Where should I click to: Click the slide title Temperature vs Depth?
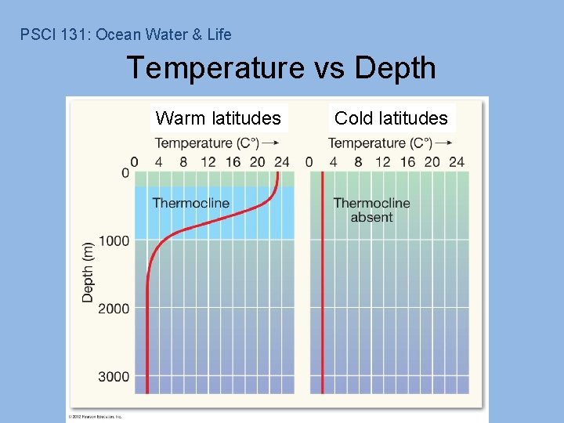pos(281,68)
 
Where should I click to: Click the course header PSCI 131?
pos(125,34)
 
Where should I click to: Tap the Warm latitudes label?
pos(219,118)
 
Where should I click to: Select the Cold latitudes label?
pos(391,118)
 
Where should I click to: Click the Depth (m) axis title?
pos(88,271)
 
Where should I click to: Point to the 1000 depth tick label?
pos(114,240)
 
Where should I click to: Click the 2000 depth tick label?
pos(114,309)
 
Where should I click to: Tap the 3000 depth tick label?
pos(114,377)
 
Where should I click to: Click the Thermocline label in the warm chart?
pos(191,203)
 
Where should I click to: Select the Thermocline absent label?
pos(371,210)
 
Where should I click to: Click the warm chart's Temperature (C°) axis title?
pos(205,143)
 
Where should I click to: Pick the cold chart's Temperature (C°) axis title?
pos(379,143)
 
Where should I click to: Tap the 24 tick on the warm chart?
pos(282,162)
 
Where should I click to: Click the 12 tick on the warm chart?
pos(208,162)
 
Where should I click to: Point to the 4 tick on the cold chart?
pos(334,162)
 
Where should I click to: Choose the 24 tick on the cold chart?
pos(457,162)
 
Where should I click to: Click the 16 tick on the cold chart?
pos(407,162)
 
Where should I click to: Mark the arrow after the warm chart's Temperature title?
pos(271,143)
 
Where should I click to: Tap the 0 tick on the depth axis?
pos(125,173)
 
